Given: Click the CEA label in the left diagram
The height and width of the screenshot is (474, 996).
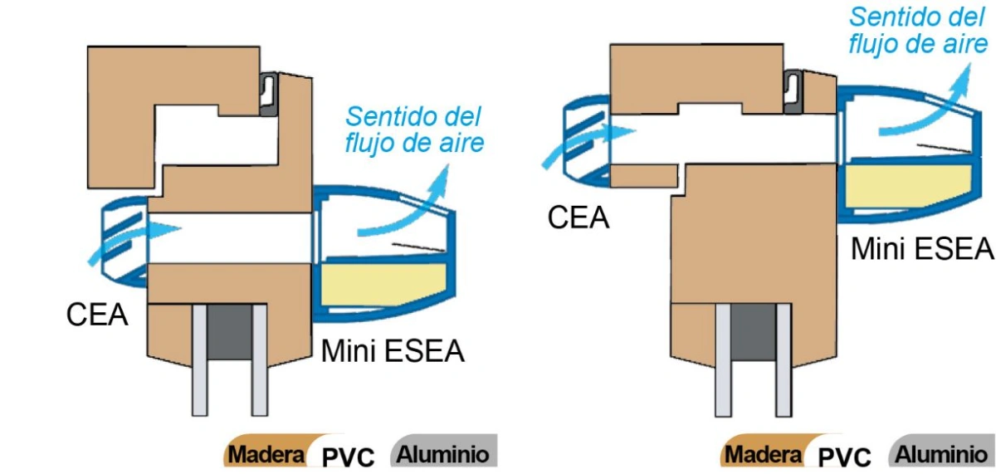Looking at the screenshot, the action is click(97, 315).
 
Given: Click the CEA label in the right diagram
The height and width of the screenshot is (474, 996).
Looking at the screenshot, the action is click(578, 217).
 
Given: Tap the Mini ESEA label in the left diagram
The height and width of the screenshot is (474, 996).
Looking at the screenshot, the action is click(393, 351).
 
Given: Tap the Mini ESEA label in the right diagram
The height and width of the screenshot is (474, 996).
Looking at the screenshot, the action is click(922, 248).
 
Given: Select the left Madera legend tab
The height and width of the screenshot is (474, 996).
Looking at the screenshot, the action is click(266, 453).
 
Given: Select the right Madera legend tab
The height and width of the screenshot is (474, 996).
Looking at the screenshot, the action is click(764, 453).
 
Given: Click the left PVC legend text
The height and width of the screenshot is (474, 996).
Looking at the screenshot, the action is click(348, 457).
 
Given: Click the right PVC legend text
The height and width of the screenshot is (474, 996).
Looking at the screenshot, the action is click(845, 457).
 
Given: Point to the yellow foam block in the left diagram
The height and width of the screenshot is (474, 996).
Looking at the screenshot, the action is click(383, 284).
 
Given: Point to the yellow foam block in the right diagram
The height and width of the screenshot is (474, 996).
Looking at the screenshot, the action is click(908, 185).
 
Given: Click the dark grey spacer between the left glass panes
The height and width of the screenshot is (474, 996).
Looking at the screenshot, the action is click(230, 332).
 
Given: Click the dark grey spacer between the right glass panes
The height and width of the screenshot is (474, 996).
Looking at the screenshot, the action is click(754, 332).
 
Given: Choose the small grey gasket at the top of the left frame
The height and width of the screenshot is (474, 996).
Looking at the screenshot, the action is click(269, 95).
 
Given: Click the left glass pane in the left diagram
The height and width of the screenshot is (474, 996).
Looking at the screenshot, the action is click(200, 360).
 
